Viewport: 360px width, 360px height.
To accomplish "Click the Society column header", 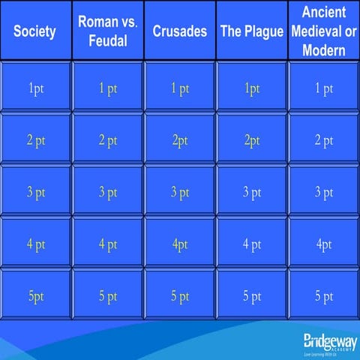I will (x=35, y=31).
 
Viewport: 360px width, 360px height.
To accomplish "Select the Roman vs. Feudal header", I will (x=107, y=31).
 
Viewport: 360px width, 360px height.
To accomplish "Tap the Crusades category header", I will (x=179, y=31).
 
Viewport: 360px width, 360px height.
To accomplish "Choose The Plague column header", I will (x=251, y=31).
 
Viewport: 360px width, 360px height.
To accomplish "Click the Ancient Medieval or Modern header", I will (x=324, y=31).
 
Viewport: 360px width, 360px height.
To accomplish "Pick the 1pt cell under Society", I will (x=35, y=88).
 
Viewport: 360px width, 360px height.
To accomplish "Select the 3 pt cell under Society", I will (x=35, y=192).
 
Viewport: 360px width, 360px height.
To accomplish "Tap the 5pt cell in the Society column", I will (x=35, y=296).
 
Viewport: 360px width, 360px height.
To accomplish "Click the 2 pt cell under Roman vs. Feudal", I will (x=107, y=140).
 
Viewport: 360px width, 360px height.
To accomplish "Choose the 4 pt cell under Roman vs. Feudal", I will (x=107, y=244).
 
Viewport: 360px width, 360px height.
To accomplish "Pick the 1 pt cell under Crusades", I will (x=179, y=88).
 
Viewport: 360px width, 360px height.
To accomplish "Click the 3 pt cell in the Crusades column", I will (x=179, y=192).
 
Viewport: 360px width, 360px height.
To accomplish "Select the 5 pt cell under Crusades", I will (x=179, y=296).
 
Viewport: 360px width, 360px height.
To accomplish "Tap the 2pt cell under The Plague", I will (x=251, y=140).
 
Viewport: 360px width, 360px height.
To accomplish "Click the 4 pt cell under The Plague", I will (x=251, y=244).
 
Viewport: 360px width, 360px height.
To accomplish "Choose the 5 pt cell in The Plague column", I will (x=251, y=296).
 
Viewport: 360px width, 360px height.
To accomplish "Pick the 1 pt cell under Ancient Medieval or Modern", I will (x=324, y=88).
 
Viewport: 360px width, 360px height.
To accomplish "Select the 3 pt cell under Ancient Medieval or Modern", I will (x=324, y=192).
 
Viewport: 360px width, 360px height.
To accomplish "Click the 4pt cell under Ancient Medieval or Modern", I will (x=324, y=244).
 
